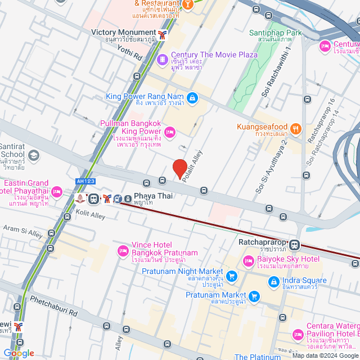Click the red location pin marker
pos(179,169)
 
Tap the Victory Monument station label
pos(123,33)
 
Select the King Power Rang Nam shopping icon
pos(193,97)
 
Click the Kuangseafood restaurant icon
pos(296,127)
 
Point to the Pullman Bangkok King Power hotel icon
pos(170,132)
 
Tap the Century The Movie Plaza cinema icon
pos(162,58)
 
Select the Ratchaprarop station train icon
pos(295,245)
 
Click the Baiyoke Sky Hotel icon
pos(248,260)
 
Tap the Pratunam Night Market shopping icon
pos(231,276)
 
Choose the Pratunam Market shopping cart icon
pos(254,295)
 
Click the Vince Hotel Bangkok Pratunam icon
pos(122,250)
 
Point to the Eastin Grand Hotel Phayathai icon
pos(56,193)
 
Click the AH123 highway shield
pos(83,181)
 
